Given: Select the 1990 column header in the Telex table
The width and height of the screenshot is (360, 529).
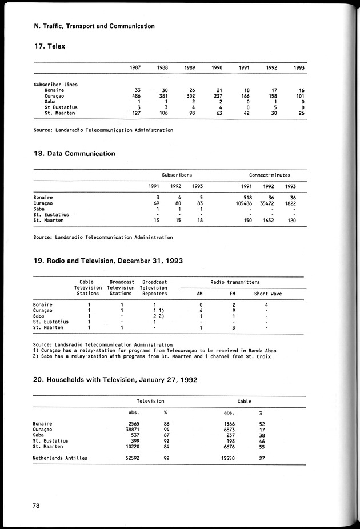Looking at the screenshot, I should [x=217, y=67].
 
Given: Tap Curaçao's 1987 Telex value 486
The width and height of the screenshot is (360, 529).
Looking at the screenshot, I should [x=135, y=96].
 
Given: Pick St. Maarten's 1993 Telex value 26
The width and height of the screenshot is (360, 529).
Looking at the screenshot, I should [x=301, y=113].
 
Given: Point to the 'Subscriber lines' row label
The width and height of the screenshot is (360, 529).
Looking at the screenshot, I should [x=55, y=85].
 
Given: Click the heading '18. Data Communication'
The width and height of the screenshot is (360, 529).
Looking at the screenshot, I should [x=74, y=154].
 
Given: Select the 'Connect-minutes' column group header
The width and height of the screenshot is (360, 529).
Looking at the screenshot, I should [x=270, y=175].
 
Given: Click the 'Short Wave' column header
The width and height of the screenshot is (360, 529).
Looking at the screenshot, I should [x=267, y=294].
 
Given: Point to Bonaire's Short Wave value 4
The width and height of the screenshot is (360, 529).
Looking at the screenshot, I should [x=267, y=305].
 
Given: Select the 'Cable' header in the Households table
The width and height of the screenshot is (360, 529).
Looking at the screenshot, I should [x=244, y=402].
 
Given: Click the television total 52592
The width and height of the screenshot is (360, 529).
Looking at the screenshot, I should [x=131, y=458].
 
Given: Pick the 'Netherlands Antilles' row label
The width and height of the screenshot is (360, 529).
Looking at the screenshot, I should [x=61, y=458].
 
